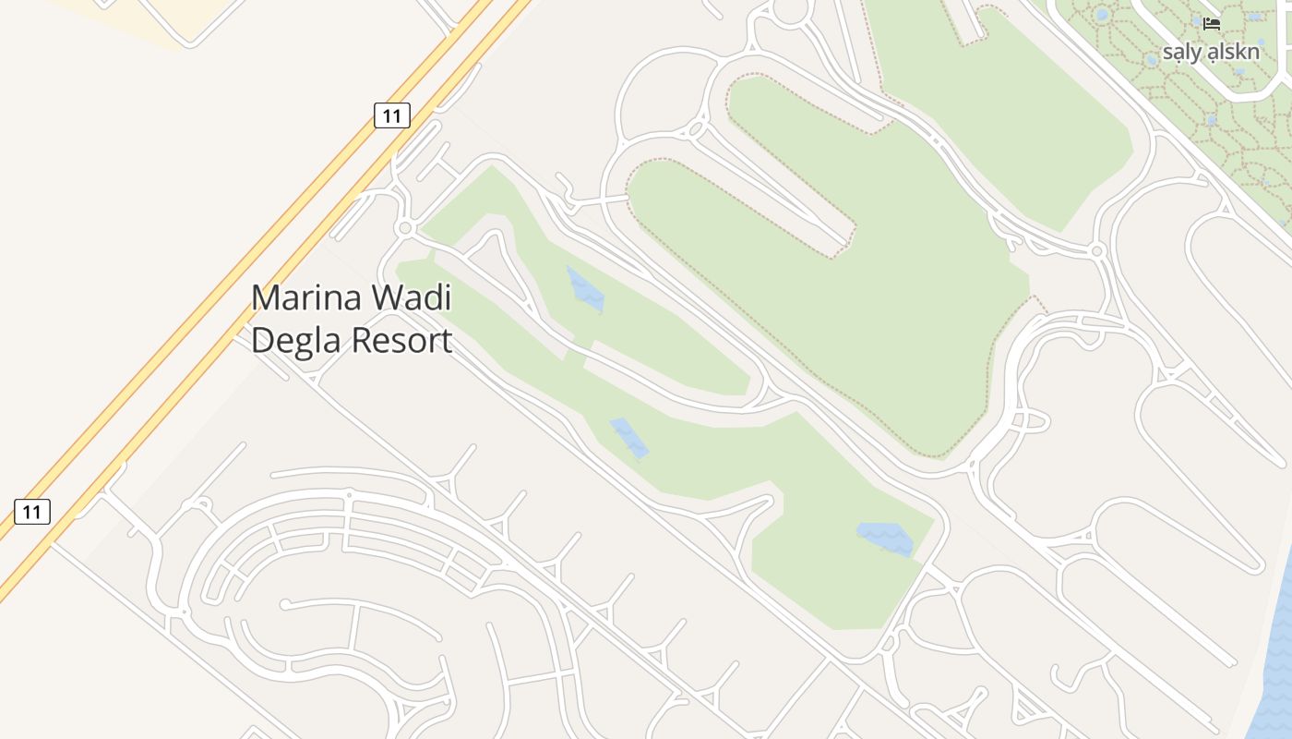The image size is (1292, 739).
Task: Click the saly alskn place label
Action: click(1210, 52)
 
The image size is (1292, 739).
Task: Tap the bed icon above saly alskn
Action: click(1212, 23)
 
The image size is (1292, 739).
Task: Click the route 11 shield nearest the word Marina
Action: click(392, 115)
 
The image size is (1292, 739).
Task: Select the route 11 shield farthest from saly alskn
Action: click(32, 511)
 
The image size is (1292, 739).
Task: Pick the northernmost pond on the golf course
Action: click(585, 289)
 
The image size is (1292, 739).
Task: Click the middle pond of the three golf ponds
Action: click(628, 437)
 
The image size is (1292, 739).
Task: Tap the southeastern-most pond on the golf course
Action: click(885, 538)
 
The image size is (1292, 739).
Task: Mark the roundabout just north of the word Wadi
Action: click(403, 227)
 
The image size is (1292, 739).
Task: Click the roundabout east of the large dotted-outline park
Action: click(1096, 250)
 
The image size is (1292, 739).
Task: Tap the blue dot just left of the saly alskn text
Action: click(1152, 59)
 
